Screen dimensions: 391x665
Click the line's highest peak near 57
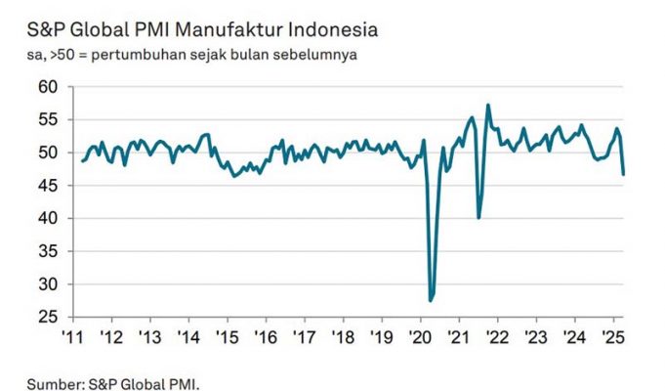coord(487,106)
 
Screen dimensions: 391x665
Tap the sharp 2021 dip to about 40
coord(478,217)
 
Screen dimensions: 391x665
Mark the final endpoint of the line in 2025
coord(623,174)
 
